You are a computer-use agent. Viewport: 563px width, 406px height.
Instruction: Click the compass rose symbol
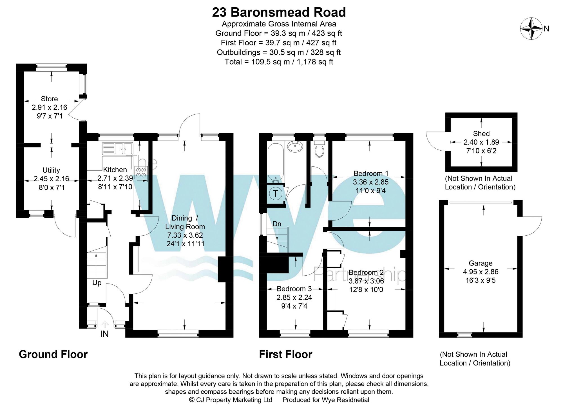pyautogui.click(x=531, y=29)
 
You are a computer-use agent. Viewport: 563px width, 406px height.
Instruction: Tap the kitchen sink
pyautogui.click(x=117, y=149)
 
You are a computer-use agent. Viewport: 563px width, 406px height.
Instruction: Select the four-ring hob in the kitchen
pyautogui.click(x=141, y=173)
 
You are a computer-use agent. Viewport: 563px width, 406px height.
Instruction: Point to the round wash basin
pyautogui.click(x=295, y=146)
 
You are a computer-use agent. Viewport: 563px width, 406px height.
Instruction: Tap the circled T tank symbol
pyautogui.click(x=276, y=193)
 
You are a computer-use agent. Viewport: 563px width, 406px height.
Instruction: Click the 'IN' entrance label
pyautogui.click(x=104, y=334)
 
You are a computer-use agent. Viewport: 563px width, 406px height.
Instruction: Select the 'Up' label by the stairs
pyautogui.click(x=97, y=283)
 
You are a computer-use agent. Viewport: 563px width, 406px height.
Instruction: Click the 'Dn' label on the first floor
pyautogui.click(x=277, y=224)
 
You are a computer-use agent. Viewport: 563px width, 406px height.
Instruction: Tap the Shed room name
pyautogui.click(x=481, y=134)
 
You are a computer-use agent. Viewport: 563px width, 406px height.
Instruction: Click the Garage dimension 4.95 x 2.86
pyautogui.click(x=481, y=272)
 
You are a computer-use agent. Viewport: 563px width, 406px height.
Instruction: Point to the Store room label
pyautogui.click(x=49, y=99)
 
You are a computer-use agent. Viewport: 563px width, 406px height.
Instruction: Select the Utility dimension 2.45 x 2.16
pyautogui.click(x=51, y=179)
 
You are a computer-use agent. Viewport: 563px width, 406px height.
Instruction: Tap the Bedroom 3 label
pyautogui.click(x=294, y=289)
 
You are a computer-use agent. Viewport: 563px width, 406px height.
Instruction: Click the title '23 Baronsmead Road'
pyautogui.click(x=279, y=12)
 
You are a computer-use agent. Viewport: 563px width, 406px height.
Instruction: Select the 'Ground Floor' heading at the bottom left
pyautogui.click(x=53, y=354)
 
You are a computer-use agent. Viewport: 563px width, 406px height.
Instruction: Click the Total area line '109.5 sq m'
pyautogui.click(x=279, y=62)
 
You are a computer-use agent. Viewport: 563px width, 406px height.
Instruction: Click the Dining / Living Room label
pyautogui.click(x=185, y=222)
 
